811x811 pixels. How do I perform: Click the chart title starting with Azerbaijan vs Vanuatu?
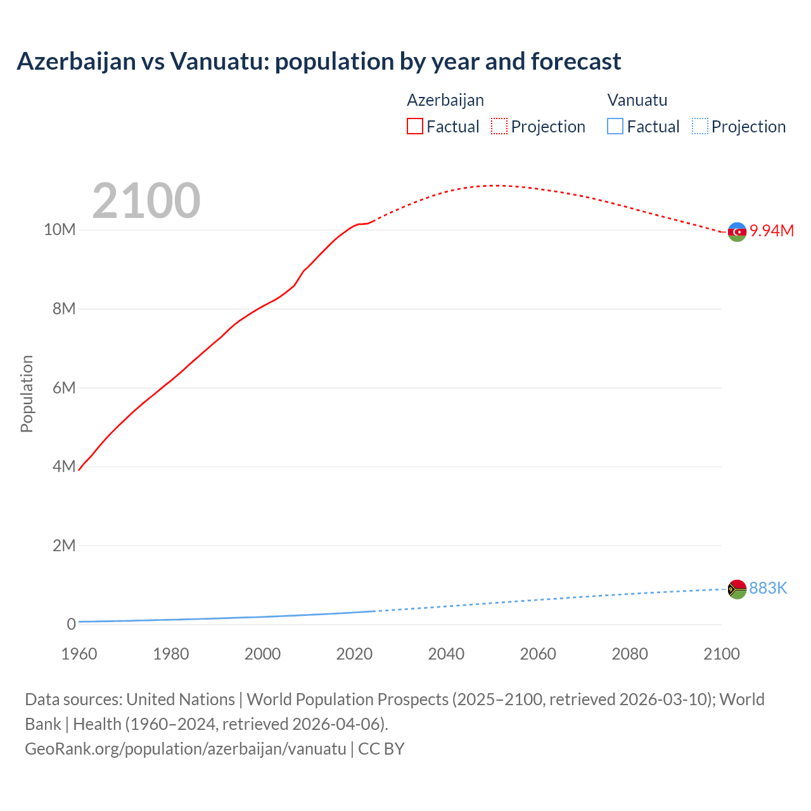click(319, 61)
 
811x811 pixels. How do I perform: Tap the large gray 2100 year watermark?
click(146, 201)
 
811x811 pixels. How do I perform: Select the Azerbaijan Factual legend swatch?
click(414, 127)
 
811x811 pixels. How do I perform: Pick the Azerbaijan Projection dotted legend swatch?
click(499, 127)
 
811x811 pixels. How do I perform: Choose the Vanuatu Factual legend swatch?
click(615, 127)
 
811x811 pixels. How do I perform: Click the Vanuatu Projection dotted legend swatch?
click(699, 127)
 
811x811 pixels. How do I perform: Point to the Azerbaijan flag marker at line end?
click(737, 232)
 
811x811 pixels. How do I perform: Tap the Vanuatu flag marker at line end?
click(737, 589)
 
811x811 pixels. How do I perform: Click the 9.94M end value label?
click(772, 231)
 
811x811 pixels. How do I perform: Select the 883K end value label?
click(768, 589)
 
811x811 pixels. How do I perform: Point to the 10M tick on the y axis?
click(60, 229)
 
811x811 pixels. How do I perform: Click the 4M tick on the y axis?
click(63, 467)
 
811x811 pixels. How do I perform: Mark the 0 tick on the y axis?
click(71, 624)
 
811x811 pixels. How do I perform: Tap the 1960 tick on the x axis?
click(79, 654)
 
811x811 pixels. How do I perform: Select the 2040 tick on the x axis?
click(446, 654)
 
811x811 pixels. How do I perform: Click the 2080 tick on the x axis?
click(630, 654)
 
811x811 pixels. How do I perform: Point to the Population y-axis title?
click(27, 393)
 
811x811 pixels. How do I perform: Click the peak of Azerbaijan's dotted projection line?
click(497, 186)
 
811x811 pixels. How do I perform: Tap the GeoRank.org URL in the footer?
click(186, 749)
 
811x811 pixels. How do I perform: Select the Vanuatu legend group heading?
click(637, 100)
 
